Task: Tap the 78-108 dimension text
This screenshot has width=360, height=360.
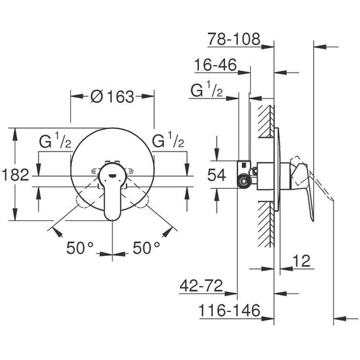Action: [x=234, y=40]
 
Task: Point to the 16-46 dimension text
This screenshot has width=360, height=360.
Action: [x=216, y=65]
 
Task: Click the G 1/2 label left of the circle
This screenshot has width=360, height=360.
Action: [x=55, y=141]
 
